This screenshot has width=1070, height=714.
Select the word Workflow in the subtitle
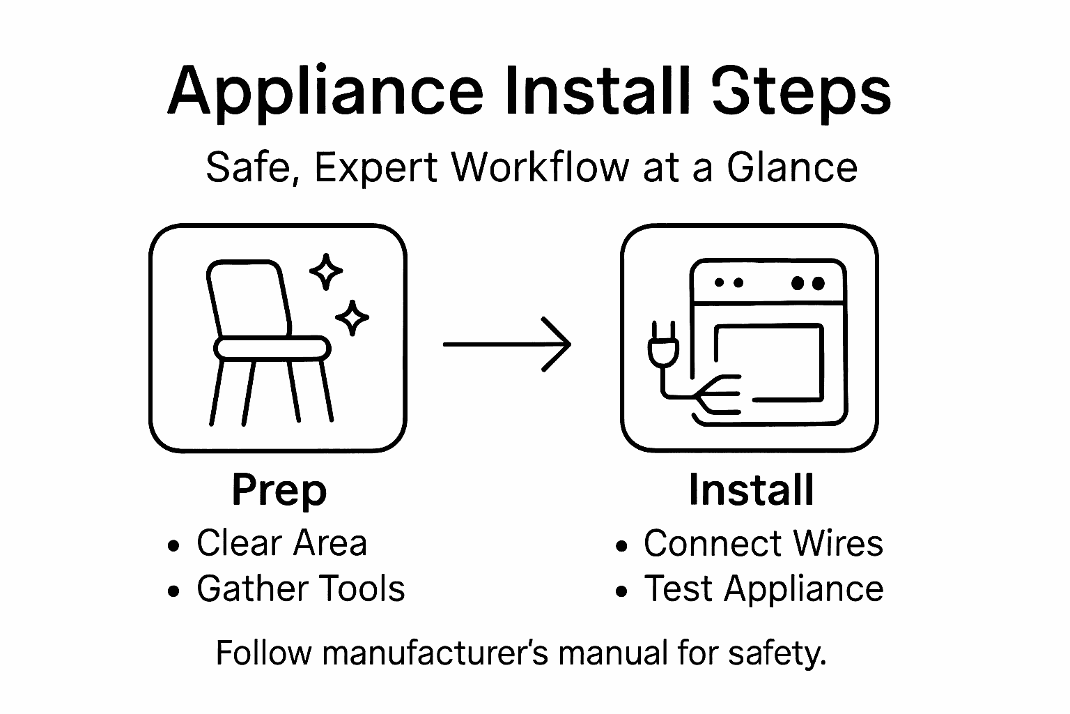point(541,168)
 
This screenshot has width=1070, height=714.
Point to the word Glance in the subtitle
point(792,168)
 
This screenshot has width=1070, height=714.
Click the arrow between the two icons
point(507,344)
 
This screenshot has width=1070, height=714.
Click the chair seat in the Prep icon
point(272,347)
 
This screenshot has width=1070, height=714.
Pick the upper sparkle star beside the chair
point(325,272)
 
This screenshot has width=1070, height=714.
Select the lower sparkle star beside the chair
point(352,318)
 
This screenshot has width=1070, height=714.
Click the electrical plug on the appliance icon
point(658,346)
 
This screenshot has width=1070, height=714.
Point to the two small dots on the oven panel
point(729,283)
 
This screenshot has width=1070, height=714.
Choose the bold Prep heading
point(279,490)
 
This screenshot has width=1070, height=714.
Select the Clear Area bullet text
point(281,543)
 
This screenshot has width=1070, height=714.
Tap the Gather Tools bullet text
point(300,588)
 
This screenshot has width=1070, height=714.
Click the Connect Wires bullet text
point(763,543)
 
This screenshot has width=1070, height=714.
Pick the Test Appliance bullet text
point(763,588)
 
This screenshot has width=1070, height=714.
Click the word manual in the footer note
point(614,653)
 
